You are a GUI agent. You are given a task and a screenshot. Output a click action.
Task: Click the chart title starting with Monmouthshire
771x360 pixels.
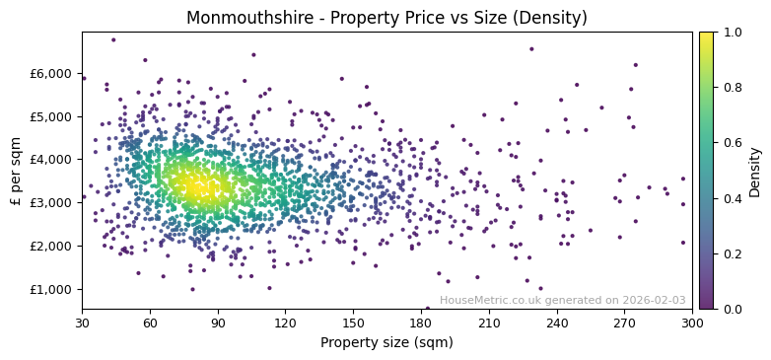386,18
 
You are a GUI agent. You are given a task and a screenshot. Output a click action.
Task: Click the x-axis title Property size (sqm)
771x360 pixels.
386,343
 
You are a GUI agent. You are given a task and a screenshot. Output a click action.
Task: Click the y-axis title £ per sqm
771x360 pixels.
16,171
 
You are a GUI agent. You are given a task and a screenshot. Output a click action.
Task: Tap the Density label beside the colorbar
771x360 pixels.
755,171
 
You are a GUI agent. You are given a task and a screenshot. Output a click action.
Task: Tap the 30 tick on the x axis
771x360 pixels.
82,323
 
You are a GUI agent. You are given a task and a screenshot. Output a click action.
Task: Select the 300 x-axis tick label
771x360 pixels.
692,323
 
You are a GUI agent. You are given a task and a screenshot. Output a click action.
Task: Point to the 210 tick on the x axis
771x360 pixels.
489,323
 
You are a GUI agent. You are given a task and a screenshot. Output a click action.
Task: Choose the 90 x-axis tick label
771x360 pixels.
218,323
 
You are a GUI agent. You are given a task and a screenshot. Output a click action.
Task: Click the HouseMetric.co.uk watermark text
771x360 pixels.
562,300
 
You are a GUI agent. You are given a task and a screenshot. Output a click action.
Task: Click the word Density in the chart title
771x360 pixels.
555,18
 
